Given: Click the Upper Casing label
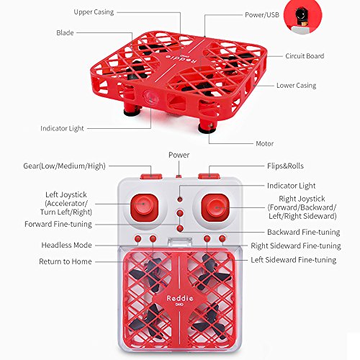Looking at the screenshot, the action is (94, 12).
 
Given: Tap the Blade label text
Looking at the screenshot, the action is (65, 32).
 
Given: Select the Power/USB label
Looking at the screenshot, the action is (262, 15).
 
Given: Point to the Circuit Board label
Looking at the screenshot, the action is (305, 56).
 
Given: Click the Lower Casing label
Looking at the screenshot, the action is (296, 86).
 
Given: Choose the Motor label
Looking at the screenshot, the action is (265, 143).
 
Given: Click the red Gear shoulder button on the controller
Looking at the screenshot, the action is (151, 176).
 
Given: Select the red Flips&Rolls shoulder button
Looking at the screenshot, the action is (209, 176).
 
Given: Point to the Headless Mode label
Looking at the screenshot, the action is (66, 245).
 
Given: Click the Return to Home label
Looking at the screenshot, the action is (66, 261).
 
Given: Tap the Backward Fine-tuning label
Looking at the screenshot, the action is (304, 232).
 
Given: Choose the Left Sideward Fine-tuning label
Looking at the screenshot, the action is (294, 260).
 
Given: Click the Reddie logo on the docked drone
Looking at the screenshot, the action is (180, 298).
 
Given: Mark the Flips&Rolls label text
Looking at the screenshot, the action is (285, 166).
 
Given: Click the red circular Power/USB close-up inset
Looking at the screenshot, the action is (302, 17).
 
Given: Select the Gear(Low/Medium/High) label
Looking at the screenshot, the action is (64, 166).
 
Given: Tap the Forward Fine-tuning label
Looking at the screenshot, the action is (58, 224).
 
